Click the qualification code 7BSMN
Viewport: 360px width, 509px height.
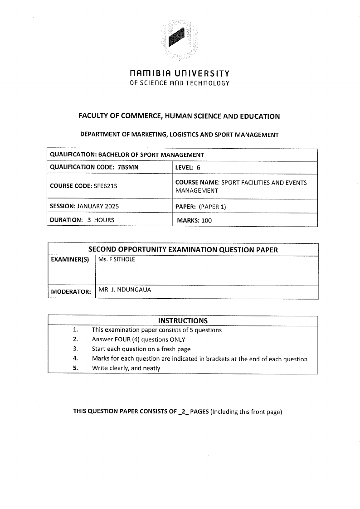coord(127,167)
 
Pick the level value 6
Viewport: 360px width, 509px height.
coord(198,167)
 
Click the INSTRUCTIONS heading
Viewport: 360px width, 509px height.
coord(183,320)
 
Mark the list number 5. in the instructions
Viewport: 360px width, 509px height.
coord(76,368)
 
